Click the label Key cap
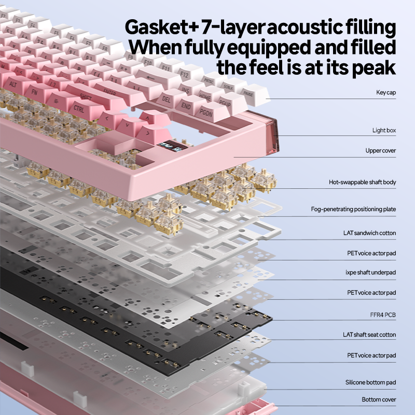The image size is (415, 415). [x=386, y=93]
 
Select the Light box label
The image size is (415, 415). [x=384, y=131]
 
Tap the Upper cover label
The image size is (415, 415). [x=381, y=151]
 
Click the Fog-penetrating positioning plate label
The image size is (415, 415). [x=353, y=210]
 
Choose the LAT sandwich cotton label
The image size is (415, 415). [x=369, y=233]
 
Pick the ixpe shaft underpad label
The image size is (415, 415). [x=370, y=272]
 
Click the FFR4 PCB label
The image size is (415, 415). [x=383, y=314]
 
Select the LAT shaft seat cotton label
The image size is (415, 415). [x=369, y=335]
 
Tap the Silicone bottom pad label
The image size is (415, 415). [x=370, y=383]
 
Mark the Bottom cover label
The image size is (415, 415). [x=379, y=400]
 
